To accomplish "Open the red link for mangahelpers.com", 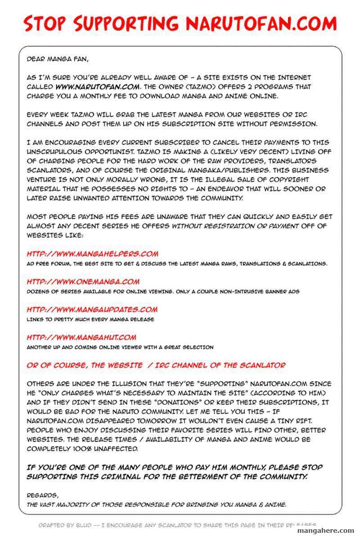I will coord(92,254).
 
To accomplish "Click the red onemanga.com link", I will coord(83,282).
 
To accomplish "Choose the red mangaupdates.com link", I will coord(92,309).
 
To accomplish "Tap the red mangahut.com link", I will coord(81,337).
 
